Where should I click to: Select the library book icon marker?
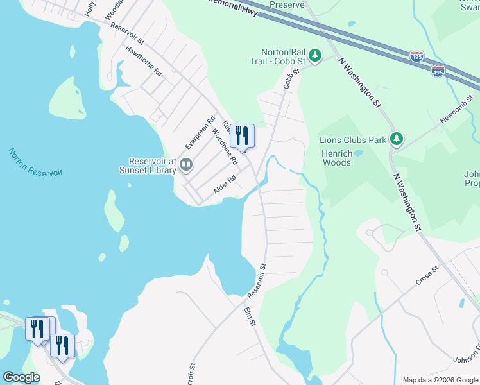(186, 165)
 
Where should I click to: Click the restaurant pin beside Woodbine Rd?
(242, 136)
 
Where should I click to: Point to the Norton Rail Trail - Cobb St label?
(282, 56)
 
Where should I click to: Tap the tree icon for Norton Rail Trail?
(315, 56)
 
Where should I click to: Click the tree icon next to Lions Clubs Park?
(397, 139)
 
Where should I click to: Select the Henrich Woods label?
(337, 158)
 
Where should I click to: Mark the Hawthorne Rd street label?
(144, 61)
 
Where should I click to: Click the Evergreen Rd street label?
(199, 132)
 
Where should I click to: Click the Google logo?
(21, 377)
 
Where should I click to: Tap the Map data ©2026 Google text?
(440, 380)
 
